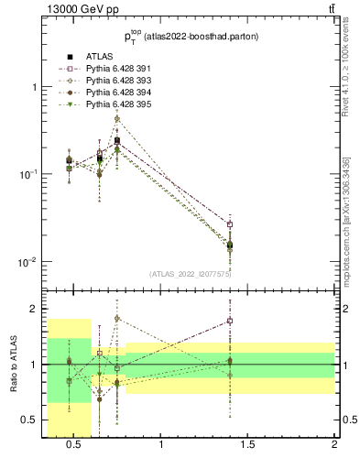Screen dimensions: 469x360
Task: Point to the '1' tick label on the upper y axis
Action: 37,87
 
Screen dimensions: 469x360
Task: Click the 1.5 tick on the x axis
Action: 248,445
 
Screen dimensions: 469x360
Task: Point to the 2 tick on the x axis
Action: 334,445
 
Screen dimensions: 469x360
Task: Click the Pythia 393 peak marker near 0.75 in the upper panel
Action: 117,119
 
